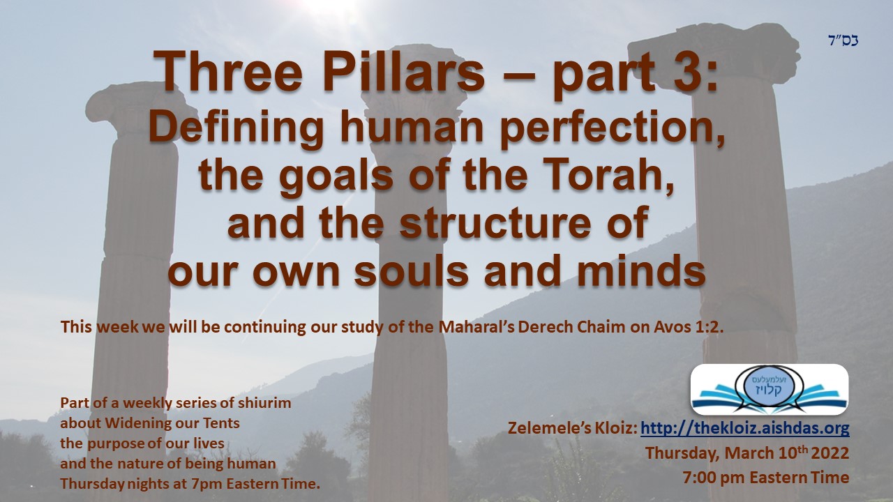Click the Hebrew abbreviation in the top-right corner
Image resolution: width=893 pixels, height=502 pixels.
843,40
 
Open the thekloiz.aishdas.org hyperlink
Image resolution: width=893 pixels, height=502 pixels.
744,428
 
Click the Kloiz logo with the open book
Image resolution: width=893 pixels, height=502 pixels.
769,390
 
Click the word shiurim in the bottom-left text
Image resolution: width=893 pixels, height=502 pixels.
264,403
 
